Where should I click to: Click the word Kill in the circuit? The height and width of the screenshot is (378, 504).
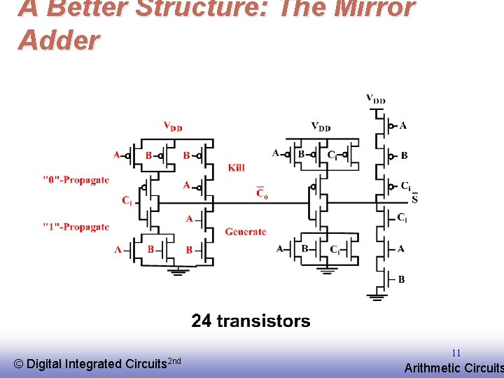point(237,168)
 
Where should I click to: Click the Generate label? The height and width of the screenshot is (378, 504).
point(246,232)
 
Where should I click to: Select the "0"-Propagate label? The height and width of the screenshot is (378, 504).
point(76,180)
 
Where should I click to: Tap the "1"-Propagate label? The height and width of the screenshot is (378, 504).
point(76,227)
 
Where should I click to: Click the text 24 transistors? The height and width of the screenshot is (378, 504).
point(251,321)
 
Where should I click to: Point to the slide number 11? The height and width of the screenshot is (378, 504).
point(456,353)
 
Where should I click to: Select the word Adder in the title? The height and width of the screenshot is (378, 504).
point(59,41)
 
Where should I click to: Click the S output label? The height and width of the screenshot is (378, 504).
point(414,199)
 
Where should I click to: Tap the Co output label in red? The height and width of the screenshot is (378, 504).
point(261,192)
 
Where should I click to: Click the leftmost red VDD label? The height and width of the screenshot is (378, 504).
point(173,127)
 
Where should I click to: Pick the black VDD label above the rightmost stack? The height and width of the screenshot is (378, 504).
point(376,99)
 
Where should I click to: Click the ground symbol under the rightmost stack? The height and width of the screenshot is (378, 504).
point(377,297)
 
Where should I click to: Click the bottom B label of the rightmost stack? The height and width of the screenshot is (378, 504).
point(401,279)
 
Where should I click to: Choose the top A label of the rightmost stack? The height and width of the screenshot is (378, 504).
point(402,125)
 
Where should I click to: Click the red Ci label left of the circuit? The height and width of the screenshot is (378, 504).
point(127,201)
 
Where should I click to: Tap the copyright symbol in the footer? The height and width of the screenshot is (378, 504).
point(19,364)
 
